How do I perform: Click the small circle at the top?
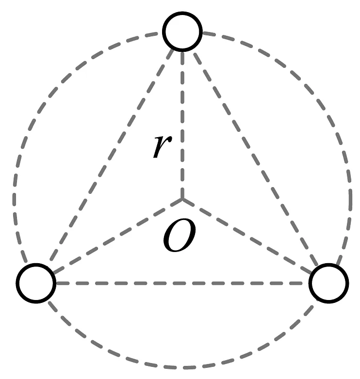[x=182, y=32]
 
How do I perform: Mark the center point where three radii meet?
[x=182, y=199]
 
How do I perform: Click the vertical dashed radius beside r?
[x=182, y=121]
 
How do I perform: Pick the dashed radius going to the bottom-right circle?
[x=252, y=239]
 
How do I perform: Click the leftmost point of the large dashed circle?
[x=14, y=199]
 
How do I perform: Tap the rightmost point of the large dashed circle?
[x=351, y=199]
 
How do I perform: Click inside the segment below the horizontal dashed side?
[x=182, y=325]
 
